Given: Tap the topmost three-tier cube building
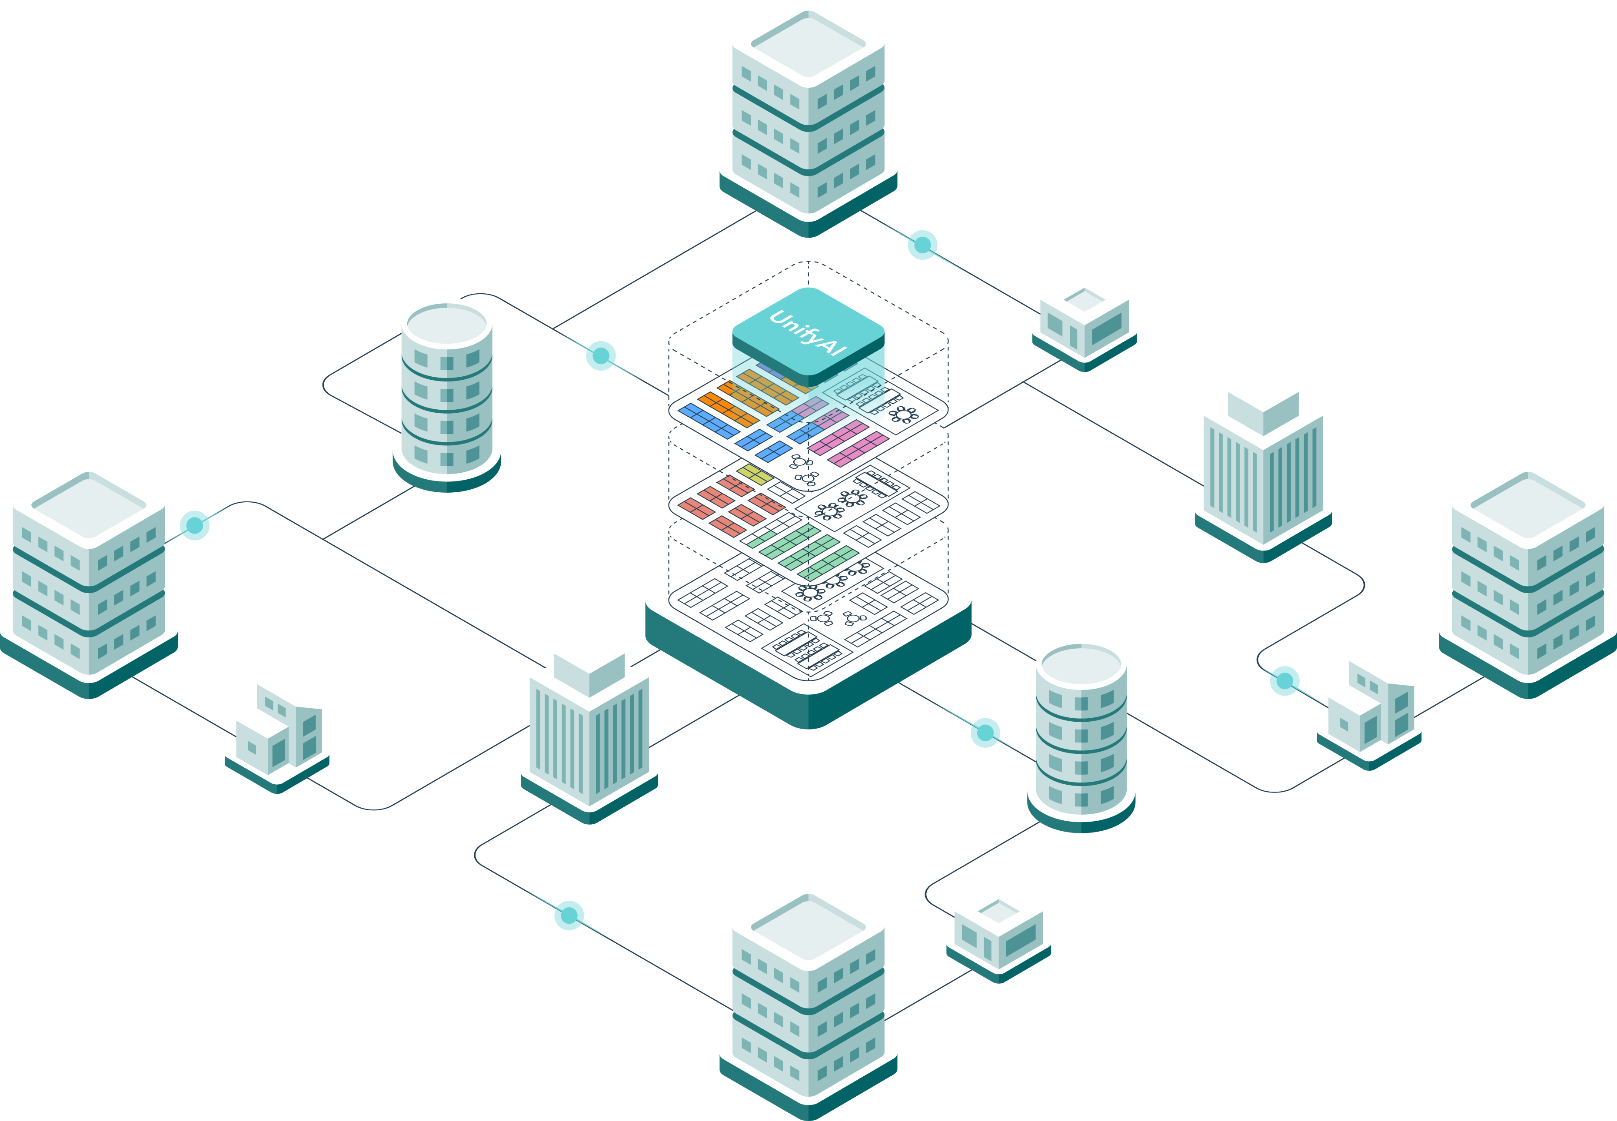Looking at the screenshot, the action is [x=808, y=113].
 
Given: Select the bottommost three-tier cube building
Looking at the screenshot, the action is [x=808, y=997].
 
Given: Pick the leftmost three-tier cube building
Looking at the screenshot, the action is [x=89, y=576].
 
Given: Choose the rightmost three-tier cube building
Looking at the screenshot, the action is [x=1528, y=576].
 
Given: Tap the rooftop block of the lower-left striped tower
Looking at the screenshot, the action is [x=589, y=664].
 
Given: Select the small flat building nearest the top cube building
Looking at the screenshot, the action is [x=1085, y=320].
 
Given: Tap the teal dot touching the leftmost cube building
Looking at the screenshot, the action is [x=195, y=525].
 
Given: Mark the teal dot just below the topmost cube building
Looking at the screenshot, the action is [x=923, y=245].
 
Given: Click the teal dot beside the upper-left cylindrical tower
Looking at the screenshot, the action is [x=601, y=355].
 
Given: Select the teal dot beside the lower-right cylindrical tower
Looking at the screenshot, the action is [x=985, y=733].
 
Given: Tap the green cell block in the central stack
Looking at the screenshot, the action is [x=808, y=551].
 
